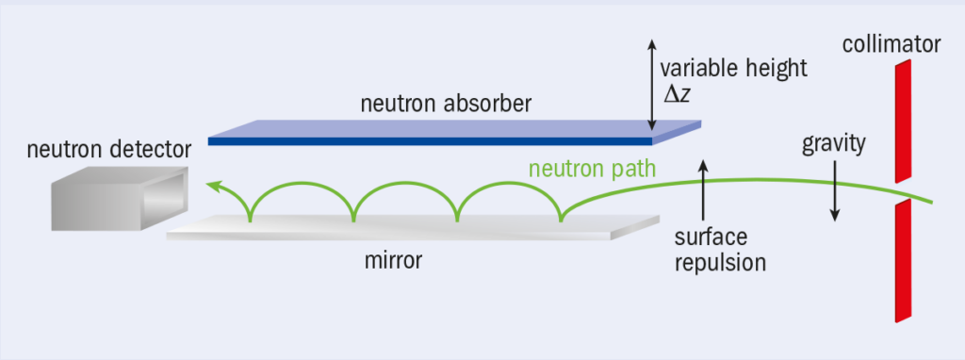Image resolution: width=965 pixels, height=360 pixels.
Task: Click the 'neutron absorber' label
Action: (x=446, y=104)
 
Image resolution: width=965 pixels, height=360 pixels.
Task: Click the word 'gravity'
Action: (x=833, y=144)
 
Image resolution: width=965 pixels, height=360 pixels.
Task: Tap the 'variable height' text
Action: (x=733, y=69)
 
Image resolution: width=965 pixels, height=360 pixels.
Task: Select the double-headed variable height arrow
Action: (x=650, y=86)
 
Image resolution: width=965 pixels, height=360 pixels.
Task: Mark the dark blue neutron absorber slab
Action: (x=443, y=140)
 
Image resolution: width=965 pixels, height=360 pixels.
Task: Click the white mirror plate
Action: (x=405, y=227)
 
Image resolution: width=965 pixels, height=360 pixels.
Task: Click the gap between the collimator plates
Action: (x=903, y=189)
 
